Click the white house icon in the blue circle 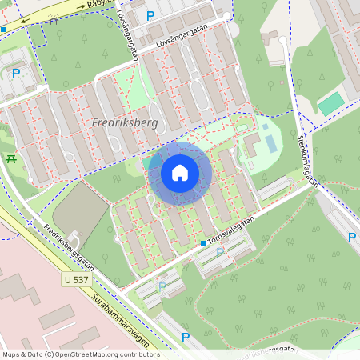(180, 173)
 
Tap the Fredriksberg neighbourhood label (125, 123)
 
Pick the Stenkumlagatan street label (308, 160)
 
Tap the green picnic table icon (11, 158)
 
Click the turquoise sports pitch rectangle (330, 103)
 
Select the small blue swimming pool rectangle (270, 143)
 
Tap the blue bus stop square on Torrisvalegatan (203, 242)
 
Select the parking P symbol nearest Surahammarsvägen (186, 338)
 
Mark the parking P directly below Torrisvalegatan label (220, 251)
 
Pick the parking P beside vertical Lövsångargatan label (150, 16)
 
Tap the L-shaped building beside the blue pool (251, 145)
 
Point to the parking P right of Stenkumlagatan (352, 237)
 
